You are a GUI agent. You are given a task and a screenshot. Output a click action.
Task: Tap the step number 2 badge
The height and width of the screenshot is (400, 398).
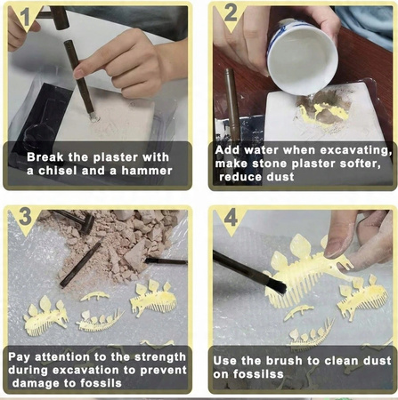point(231,14)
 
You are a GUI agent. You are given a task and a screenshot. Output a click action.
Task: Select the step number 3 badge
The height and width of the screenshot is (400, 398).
point(25,217)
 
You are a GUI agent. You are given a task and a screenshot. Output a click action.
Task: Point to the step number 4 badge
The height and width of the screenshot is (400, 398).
point(231,218)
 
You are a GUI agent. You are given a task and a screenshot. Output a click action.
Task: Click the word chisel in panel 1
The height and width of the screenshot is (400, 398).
point(57,171)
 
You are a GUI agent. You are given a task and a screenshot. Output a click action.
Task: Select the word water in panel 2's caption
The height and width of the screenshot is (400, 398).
point(262,150)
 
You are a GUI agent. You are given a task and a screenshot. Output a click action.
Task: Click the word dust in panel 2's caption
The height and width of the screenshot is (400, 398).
point(280,177)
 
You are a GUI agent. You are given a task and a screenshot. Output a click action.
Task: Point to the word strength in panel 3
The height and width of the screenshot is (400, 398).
point(160,357)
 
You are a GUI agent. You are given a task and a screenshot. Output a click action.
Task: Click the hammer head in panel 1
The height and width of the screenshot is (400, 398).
point(60,17)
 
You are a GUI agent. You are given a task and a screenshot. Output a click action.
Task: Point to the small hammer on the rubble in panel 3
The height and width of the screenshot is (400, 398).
point(77,220)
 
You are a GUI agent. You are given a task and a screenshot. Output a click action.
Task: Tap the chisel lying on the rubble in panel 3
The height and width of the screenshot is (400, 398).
point(80,264)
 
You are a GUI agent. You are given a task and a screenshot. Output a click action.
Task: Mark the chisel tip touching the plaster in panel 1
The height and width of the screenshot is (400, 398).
point(93,117)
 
